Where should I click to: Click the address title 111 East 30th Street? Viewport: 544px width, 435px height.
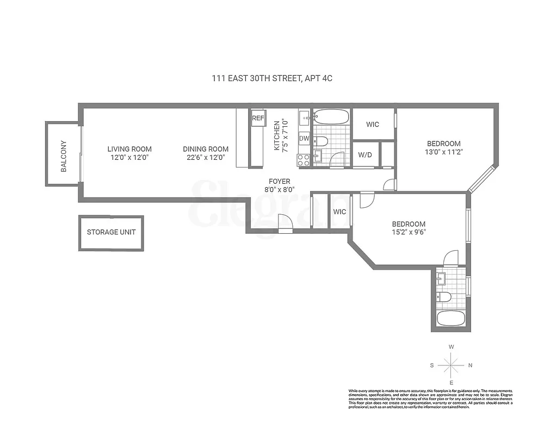click(272, 78)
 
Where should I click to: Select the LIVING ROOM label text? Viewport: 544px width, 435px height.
click(129, 149)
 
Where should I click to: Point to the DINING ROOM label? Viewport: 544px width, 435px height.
click(206, 149)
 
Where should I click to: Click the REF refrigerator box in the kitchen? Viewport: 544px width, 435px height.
click(257, 117)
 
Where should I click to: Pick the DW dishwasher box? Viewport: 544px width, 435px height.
click(304, 139)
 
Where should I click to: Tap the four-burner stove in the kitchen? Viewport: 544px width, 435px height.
click(304, 160)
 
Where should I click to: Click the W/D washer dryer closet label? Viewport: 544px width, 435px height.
click(365, 155)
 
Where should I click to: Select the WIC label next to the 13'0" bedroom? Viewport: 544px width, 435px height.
click(373, 125)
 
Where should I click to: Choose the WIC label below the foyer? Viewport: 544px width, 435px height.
click(340, 212)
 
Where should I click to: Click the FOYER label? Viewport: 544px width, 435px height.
click(280, 181)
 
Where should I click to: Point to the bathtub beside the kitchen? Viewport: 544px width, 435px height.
click(331, 117)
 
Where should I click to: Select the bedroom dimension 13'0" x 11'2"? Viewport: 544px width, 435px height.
click(444, 153)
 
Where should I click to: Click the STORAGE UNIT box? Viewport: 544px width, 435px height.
click(112, 233)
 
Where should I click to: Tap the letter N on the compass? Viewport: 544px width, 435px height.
click(471, 365)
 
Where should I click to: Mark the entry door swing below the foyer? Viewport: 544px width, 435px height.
click(285, 222)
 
